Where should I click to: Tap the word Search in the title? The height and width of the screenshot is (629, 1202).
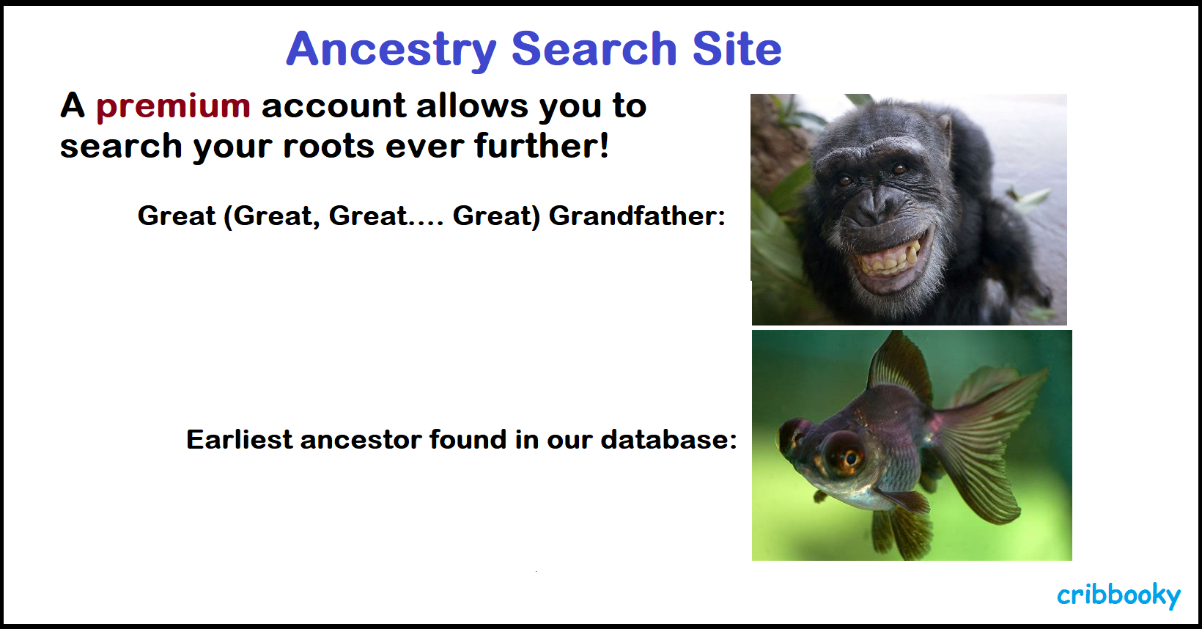tap(594, 48)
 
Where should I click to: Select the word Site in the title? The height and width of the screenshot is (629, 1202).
tap(737, 48)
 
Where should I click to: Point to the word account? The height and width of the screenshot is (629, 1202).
tap(333, 106)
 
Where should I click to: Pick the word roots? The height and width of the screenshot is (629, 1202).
tap(328, 146)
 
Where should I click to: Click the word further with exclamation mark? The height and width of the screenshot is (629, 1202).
tap(542, 145)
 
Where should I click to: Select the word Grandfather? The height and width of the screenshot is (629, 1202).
tap(637, 216)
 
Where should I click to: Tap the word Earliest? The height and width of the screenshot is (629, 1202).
tap(240, 440)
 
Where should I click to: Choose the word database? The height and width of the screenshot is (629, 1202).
tap(668, 440)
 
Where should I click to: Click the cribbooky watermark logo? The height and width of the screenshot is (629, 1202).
tap(1119, 595)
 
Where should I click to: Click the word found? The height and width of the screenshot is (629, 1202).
tap(468, 439)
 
